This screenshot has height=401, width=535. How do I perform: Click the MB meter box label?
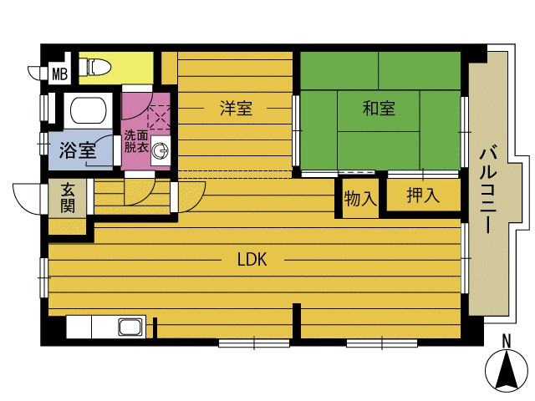(60, 74)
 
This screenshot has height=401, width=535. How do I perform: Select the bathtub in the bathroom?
(88, 110)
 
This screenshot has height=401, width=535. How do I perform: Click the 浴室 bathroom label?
(78, 150)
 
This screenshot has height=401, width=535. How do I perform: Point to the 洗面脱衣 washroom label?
(135, 141)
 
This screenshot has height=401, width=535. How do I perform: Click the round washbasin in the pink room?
(160, 150)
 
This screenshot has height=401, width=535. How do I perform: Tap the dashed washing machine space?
(159, 117)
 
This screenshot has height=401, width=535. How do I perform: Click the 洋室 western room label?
(236, 108)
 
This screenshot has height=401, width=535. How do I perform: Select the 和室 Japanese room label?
(379, 109)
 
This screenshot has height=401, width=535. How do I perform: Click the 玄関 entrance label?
(68, 198)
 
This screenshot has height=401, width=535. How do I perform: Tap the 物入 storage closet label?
(360, 199)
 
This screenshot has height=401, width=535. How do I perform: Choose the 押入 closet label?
(423, 195)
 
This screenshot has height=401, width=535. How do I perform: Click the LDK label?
(252, 260)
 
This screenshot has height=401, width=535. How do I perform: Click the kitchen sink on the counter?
(130, 327)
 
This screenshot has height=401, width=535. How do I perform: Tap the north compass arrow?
(507, 373)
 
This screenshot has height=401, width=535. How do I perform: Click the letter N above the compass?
(507, 342)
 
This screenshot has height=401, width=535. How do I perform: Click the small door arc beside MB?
(35, 73)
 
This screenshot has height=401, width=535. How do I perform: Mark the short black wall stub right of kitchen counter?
(155, 327)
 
